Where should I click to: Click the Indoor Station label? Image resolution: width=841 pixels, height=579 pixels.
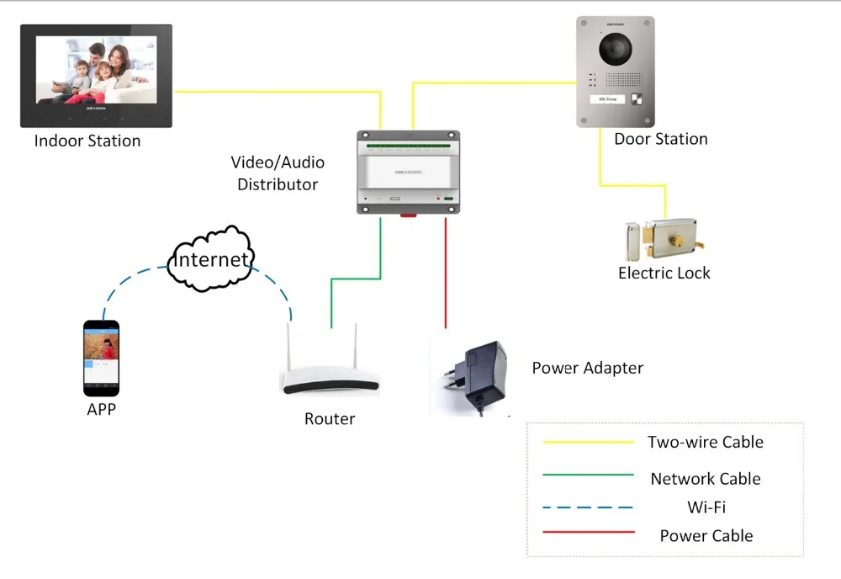coord(87,141)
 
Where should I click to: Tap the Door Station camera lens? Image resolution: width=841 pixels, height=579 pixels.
coord(616,49)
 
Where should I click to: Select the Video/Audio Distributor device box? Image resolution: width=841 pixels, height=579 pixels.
coord(408,173)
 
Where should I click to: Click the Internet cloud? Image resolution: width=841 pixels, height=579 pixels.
coord(210,259)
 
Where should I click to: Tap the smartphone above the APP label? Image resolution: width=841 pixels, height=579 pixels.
coord(102,359)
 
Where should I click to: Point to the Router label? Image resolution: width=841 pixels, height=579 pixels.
coord(330,418)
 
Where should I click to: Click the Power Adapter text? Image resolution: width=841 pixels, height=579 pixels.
coord(587,368)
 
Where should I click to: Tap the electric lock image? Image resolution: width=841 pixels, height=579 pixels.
coord(664,239)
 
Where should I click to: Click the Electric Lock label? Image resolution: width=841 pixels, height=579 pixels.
coord(664,274)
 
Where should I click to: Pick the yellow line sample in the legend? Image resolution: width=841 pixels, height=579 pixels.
coord(588,442)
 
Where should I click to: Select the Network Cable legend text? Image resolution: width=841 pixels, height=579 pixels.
coord(706,479)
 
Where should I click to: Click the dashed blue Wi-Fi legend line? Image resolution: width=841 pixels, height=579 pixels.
coord(588,507)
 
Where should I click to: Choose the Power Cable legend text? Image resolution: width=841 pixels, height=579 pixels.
coord(706,535)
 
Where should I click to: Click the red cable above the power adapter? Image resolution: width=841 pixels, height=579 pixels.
coord(445,273)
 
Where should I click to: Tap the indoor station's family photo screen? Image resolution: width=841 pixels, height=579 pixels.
coord(97,70)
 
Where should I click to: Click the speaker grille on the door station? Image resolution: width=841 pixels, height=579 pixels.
coord(623,79)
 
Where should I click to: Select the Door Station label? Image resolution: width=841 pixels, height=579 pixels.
coord(661,139)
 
